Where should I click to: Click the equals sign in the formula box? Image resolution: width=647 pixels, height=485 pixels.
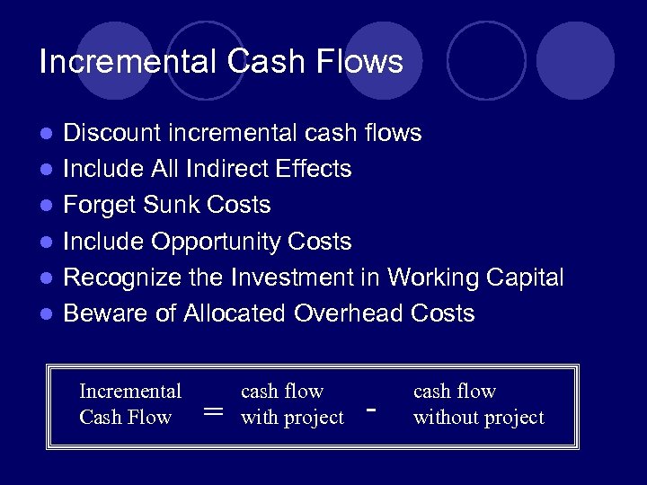(x=213, y=410)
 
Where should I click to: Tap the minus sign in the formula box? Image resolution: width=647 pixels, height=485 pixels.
(x=371, y=410)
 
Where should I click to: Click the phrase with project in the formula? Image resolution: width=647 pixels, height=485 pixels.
(x=292, y=418)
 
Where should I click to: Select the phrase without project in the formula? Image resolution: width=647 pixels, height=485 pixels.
(x=478, y=418)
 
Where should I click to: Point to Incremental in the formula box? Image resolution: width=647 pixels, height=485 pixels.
(x=130, y=392)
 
